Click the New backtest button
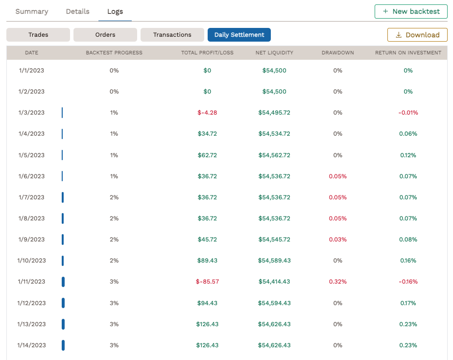point(411,11)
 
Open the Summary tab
point(32,11)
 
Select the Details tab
point(78,11)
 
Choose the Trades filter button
point(38,35)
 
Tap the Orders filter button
point(105,35)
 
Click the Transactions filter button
point(172,35)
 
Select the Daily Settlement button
point(239,35)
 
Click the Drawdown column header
point(338,52)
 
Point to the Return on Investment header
point(408,52)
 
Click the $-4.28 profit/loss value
point(207,113)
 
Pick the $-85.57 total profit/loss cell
point(207,282)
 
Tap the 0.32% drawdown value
point(337,282)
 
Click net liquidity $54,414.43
point(274,282)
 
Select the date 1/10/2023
point(31,261)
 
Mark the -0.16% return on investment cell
point(408,282)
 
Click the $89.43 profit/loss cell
point(207,261)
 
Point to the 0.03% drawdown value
point(337,240)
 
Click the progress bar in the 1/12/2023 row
point(63,303)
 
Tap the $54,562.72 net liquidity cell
point(274,155)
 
